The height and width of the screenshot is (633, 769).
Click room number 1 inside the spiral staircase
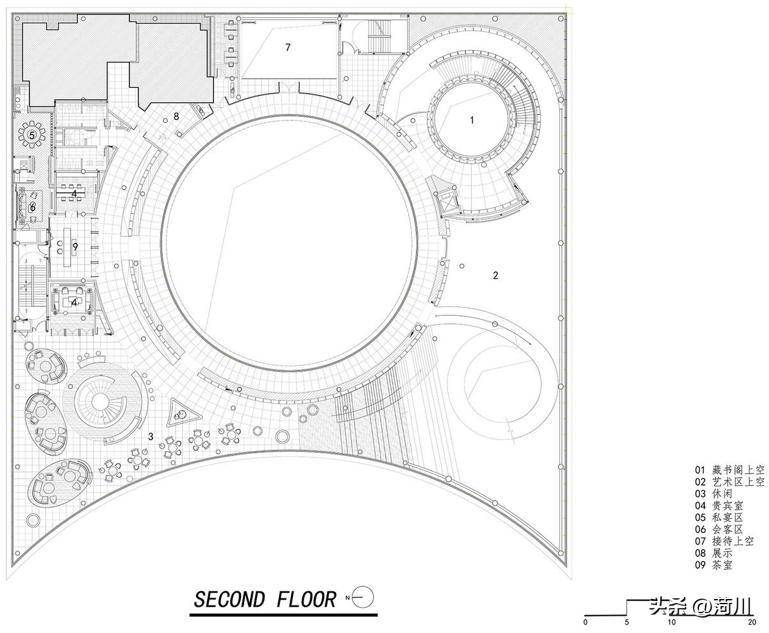(472, 120)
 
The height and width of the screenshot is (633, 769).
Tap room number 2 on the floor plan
(495, 275)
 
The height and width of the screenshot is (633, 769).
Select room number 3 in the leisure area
(151, 437)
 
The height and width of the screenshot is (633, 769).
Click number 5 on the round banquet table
(31, 135)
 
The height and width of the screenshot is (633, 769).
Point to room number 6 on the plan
(32, 207)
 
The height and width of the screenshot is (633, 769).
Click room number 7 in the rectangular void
(288, 47)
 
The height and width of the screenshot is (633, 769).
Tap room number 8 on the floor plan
(176, 116)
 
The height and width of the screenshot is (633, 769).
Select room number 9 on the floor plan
(75, 246)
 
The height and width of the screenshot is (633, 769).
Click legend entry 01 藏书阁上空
(729, 470)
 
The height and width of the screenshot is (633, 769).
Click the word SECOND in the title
(228, 600)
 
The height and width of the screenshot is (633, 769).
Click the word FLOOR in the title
(306, 600)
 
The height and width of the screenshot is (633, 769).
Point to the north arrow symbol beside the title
(362, 597)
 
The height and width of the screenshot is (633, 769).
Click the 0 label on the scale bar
(585, 621)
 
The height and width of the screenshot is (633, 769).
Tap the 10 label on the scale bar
(671, 621)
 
